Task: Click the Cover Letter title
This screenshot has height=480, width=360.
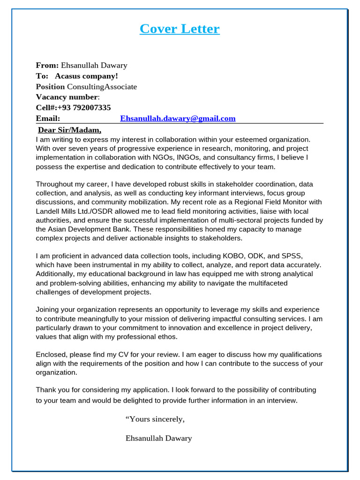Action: click(x=180, y=29)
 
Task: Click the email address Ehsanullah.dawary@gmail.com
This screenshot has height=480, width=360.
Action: click(x=178, y=119)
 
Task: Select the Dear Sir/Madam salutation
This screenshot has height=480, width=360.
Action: click(x=69, y=130)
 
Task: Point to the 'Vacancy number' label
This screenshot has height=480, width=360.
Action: click(x=67, y=97)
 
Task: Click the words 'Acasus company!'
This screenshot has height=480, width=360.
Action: click(x=86, y=76)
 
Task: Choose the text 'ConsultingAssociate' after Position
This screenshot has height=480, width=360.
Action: click(x=102, y=87)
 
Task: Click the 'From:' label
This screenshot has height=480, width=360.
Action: click(x=47, y=65)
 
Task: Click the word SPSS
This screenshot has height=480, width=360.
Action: click(x=292, y=256)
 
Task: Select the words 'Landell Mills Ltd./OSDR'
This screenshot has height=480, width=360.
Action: click(x=78, y=211)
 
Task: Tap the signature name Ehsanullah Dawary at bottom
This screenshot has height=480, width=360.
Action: click(x=158, y=438)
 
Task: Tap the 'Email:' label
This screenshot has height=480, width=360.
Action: click(x=48, y=119)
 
